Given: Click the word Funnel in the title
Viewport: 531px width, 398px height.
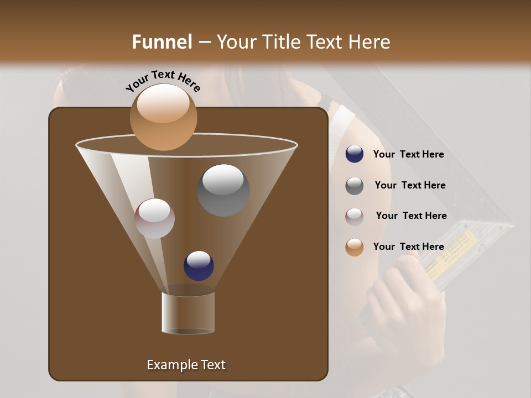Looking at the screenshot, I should [x=162, y=42].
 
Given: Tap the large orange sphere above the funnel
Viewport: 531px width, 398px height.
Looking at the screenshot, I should [x=163, y=117].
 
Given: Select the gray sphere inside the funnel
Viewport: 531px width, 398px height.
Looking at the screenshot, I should [x=223, y=190].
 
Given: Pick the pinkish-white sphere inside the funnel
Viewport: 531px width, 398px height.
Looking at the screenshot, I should [x=154, y=218].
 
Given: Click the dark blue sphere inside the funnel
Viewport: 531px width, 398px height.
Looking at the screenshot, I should [x=199, y=266].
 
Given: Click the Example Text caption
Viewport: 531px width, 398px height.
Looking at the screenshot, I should [x=186, y=365].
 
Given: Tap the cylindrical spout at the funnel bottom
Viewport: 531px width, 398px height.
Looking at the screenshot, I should [x=188, y=313].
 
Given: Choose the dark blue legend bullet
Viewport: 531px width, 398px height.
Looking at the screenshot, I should [x=355, y=154].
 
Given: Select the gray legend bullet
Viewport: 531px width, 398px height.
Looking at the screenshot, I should [x=355, y=186].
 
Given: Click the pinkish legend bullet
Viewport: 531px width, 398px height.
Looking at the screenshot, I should [x=355, y=217].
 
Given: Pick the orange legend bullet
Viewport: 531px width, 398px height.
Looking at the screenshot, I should [x=355, y=247].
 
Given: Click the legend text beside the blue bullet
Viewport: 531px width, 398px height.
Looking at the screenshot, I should [x=408, y=155].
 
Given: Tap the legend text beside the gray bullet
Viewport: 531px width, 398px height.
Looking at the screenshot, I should [x=410, y=186].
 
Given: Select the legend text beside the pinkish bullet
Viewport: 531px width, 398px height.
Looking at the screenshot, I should [x=411, y=216].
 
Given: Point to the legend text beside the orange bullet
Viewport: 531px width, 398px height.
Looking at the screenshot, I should [x=408, y=247].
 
